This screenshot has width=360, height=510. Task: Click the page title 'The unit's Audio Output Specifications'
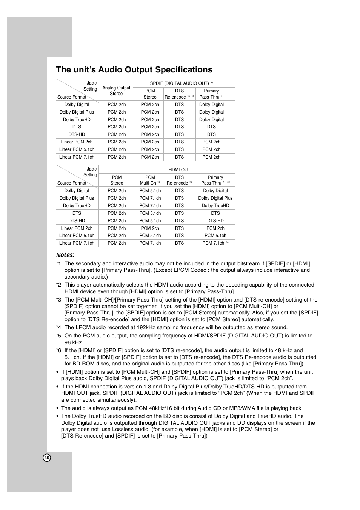click(134, 70)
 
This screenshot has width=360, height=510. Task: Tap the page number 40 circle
click(47, 458)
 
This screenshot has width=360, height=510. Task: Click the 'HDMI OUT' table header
click(179, 170)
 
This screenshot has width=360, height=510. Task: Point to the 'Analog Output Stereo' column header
click(116, 91)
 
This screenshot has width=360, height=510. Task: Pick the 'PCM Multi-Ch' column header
click(150, 180)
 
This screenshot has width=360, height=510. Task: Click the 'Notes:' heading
click(65, 255)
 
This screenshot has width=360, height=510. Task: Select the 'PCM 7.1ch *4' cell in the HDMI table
click(215, 243)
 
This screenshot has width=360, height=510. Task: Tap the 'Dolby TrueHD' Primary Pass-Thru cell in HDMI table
click(215, 206)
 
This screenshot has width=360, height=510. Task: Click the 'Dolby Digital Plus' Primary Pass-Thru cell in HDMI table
click(215, 198)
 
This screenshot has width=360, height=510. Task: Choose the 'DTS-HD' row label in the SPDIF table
click(77, 134)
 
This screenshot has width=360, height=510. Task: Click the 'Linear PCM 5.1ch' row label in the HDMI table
click(77, 236)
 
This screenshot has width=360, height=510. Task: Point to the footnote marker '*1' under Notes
click(58, 264)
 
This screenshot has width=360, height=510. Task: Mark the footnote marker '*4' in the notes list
click(58, 328)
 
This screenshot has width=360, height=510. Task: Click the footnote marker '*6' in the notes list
click(58, 351)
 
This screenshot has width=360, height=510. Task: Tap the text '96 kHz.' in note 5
click(74, 342)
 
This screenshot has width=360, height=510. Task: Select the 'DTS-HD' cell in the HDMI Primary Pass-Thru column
click(215, 221)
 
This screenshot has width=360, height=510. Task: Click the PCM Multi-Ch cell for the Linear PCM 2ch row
click(150, 228)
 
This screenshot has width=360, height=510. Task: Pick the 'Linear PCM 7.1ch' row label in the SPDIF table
click(77, 157)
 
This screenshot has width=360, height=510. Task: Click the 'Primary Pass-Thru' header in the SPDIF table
click(211, 94)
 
